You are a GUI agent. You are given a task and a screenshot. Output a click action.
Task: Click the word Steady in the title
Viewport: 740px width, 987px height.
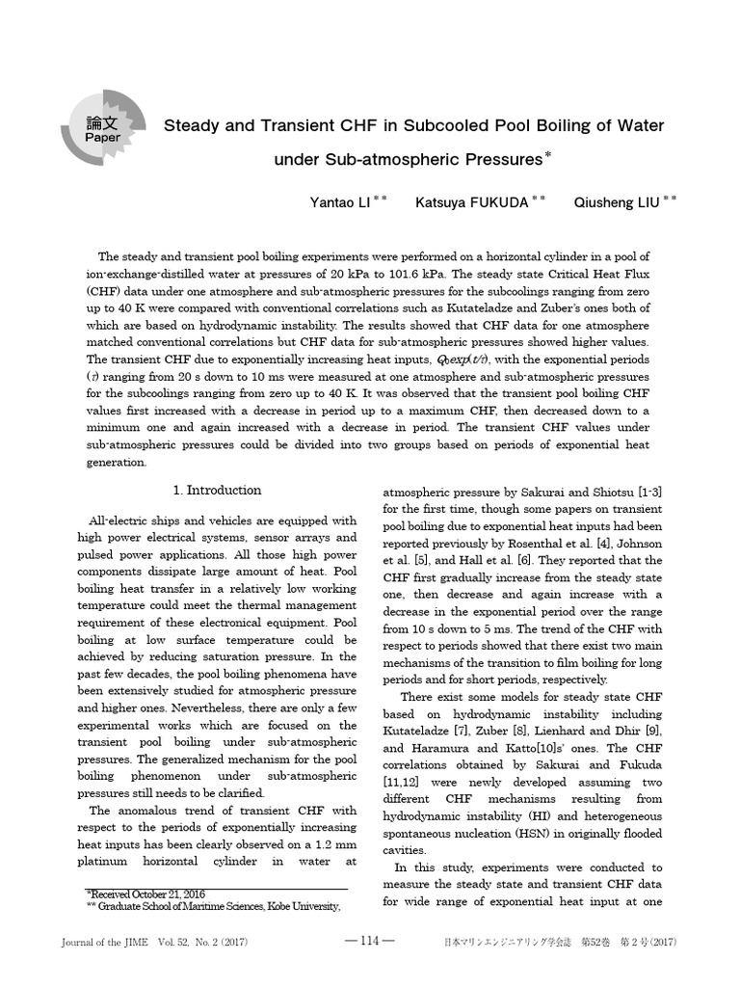[194, 125]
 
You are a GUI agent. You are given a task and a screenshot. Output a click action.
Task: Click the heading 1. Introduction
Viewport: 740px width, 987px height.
[217, 490]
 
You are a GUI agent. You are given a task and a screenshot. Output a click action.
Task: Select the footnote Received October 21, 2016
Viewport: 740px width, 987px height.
[145, 894]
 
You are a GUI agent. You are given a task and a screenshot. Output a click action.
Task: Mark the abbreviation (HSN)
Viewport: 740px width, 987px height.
[576, 832]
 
